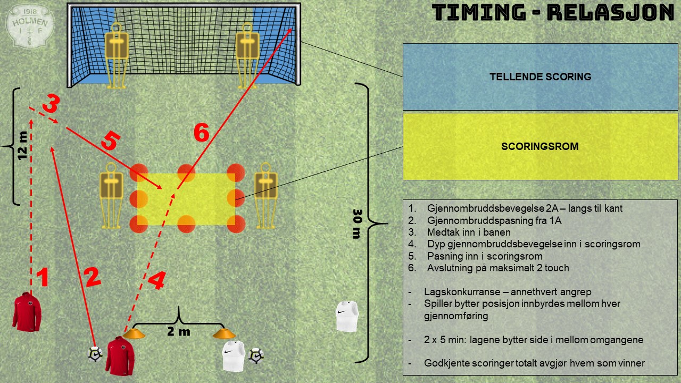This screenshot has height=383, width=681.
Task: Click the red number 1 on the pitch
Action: pos(43,277)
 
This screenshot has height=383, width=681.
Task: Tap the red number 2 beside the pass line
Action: pos(93,277)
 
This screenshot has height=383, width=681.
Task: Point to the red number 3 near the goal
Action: pos(51,103)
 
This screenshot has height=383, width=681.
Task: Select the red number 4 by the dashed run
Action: pos(157,280)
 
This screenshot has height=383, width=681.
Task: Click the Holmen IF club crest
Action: pos(30,26)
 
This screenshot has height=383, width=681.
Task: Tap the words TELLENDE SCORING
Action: pos(540,77)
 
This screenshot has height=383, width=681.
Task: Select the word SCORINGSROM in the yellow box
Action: pos(540,146)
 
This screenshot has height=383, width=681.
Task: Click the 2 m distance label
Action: pos(179,331)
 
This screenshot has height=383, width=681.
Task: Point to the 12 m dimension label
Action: pos(22,145)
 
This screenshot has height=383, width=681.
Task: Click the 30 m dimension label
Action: pos(357,224)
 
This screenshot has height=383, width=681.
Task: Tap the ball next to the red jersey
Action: pos(95,354)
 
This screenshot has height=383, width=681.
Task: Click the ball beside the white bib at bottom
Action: pos(256,356)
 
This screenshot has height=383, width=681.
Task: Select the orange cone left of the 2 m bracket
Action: pos(134,334)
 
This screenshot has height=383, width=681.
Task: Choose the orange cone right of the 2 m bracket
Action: pos(224,334)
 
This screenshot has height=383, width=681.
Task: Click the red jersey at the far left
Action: pos(27,312)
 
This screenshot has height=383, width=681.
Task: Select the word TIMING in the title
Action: pos(479,13)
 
